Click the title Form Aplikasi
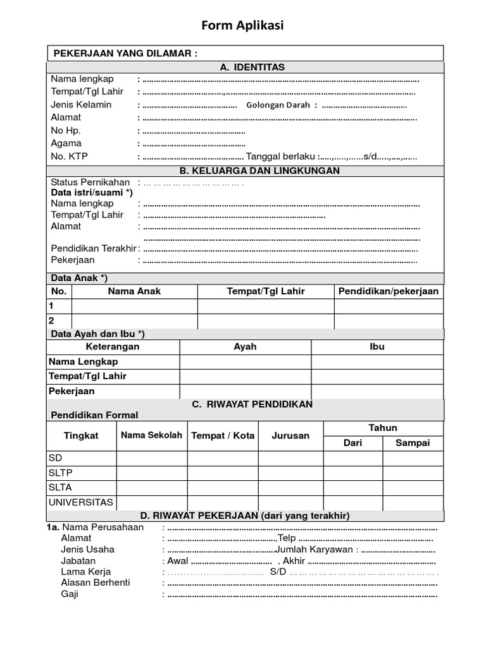[243, 26]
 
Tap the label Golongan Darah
[278, 105]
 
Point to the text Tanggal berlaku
[282, 157]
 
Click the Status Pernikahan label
[90, 182]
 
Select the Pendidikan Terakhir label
[94, 248]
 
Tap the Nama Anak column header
[134, 291]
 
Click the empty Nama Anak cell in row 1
[134, 306]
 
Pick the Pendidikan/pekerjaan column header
[388, 291]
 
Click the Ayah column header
[245, 347]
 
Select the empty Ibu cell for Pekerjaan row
[377, 392]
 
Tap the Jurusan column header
[290, 435]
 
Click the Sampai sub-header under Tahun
[412, 443]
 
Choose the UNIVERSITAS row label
[80, 503]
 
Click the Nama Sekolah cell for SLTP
[151, 473]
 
